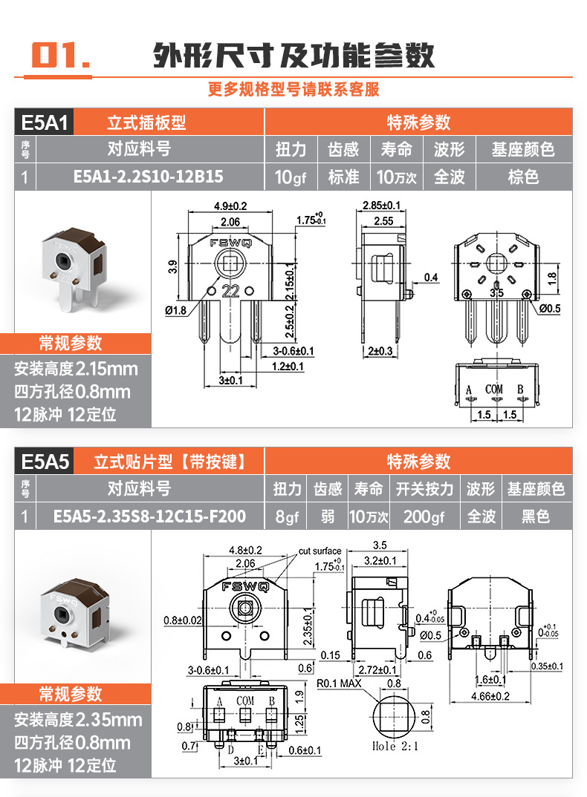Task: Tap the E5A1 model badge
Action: click(x=45, y=122)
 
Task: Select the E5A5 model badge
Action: click(x=45, y=462)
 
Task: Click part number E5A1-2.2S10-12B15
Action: click(x=149, y=177)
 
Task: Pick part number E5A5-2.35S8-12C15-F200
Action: click(x=149, y=516)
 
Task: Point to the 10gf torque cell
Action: click(x=291, y=177)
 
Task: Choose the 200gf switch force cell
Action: click(x=424, y=516)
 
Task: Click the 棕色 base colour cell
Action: click(x=522, y=177)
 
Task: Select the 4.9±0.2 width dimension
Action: click(x=230, y=206)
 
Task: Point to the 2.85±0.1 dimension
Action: click(x=382, y=205)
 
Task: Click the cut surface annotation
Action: click(x=320, y=551)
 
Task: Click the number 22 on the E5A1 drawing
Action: click(x=230, y=292)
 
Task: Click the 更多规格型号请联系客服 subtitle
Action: click(x=293, y=90)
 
